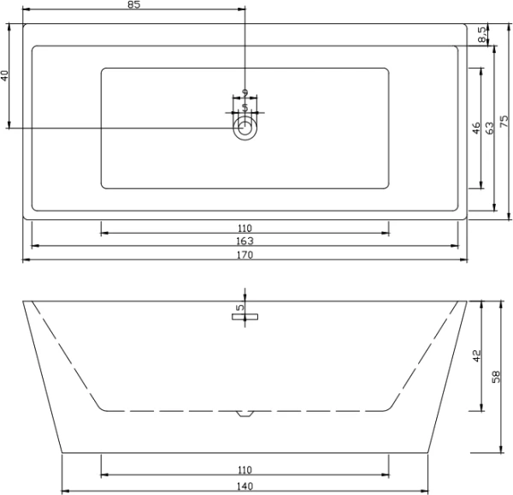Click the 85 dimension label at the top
[133, 5]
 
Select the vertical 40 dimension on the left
[4, 75]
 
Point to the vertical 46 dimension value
[475, 129]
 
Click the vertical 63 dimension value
[489, 129]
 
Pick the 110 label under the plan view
[245, 228]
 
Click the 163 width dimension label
[245, 242]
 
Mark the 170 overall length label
[245, 254]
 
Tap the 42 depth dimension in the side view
[477, 354]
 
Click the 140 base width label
[245, 487]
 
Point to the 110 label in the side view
[245, 470]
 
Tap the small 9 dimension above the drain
[245, 92]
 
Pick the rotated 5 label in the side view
[240, 307]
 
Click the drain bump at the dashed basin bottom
[245, 415]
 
